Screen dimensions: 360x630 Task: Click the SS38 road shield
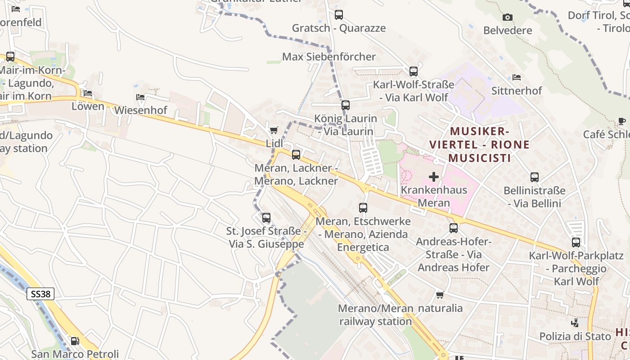40,294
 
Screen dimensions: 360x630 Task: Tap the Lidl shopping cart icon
274,130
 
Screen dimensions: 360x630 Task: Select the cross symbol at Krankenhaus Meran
434,177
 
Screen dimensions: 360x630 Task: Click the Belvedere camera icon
508,18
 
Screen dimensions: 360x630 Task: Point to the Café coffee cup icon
622,121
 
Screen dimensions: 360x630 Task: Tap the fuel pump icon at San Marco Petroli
75,341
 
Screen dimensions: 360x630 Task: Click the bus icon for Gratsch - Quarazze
339,15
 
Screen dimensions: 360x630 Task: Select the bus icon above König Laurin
345,105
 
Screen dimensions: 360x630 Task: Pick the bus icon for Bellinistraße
535,177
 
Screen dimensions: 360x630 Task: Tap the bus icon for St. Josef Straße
266,218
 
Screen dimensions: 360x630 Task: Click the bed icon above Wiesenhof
140,97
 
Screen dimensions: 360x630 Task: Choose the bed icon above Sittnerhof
517,77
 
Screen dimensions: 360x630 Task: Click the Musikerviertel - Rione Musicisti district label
479,144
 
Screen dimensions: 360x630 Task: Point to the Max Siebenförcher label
328,57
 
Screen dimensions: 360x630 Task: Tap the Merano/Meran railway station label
375,315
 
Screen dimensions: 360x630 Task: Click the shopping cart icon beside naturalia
440,295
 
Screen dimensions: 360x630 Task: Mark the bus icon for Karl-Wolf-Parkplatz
576,243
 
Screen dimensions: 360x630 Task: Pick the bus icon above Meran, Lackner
296,154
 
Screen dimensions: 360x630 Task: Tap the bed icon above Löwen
88,93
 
